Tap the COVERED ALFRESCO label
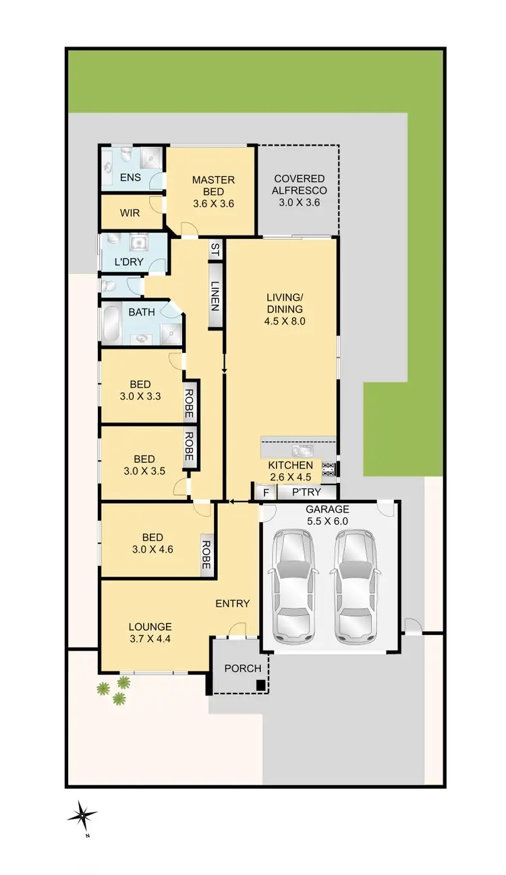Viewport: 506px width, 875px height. tap(299, 190)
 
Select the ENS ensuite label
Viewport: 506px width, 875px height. tap(130, 178)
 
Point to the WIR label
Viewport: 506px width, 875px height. tap(130, 213)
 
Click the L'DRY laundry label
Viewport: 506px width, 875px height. tap(128, 262)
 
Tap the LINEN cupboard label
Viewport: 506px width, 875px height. tap(215, 295)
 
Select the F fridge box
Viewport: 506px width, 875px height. tap(266, 493)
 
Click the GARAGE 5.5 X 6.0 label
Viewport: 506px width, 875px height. tap(327, 515)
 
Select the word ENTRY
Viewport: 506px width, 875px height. tap(233, 604)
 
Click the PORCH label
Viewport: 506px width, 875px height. tap(243, 669)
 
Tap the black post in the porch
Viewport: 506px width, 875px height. tap(260, 686)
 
